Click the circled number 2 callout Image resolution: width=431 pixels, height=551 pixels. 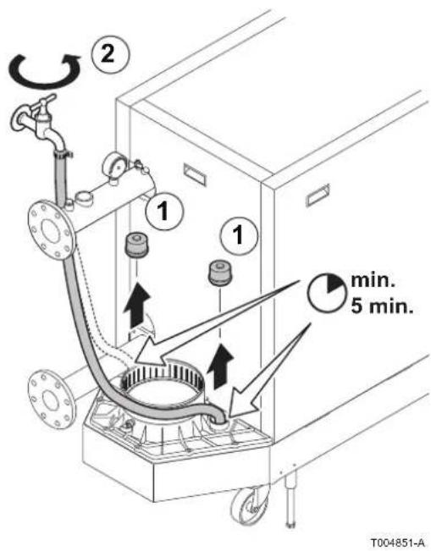(x=110, y=54)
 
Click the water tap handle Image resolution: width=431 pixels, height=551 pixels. (x=43, y=102)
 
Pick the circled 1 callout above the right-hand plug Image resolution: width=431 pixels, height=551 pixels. (x=239, y=235)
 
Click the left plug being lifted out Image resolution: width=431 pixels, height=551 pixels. (x=136, y=245)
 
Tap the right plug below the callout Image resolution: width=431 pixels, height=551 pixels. (x=220, y=273)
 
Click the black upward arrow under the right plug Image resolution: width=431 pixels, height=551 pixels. (x=221, y=366)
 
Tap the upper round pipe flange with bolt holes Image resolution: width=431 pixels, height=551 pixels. (x=52, y=230)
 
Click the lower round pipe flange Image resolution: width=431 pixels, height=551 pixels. (x=51, y=399)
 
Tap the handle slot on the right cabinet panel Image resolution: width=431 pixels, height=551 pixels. (x=318, y=195)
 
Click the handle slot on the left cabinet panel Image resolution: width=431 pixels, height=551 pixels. (x=195, y=174)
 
